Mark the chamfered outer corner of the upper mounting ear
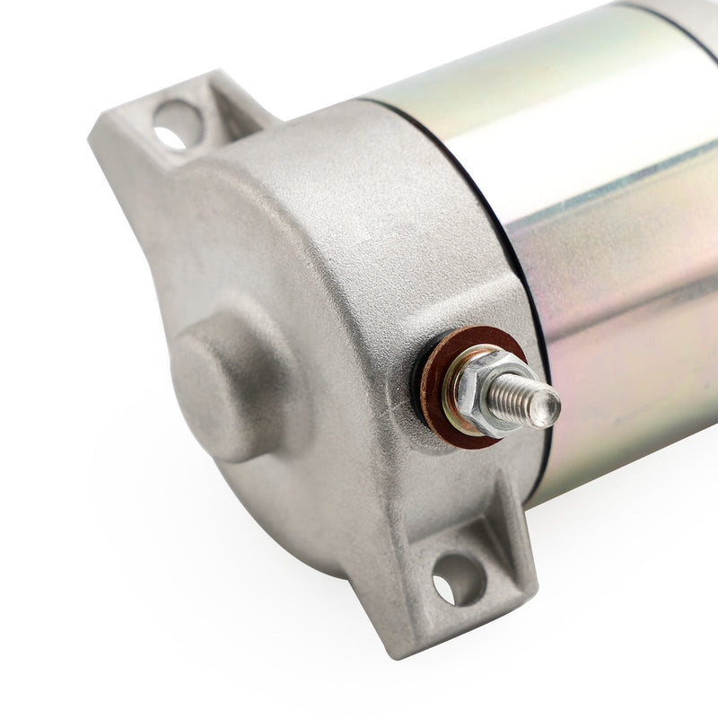102,135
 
